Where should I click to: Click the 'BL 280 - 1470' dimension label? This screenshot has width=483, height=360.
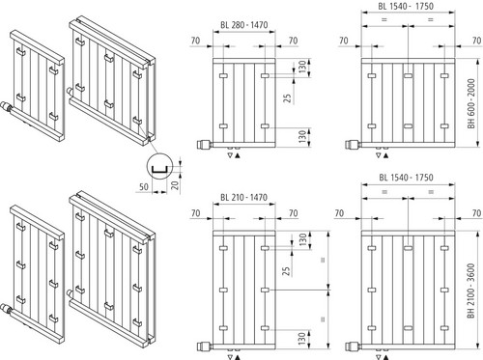[243, 25]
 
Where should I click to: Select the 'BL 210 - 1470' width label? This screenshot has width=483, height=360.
[243, 197]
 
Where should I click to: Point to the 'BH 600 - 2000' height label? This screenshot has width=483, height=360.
[471, 103]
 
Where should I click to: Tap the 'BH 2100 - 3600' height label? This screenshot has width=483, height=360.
[471, 291]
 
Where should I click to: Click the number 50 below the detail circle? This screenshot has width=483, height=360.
[144, 186]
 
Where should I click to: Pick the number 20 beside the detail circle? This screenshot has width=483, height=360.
[174, 185]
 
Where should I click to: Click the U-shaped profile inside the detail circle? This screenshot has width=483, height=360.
[159, 170]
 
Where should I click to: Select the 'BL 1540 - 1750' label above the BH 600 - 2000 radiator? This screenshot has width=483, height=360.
[406, 6]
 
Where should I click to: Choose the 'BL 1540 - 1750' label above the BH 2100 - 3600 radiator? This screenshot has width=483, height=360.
[406, 178]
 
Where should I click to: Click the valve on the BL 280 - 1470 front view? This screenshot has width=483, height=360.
[203, 144]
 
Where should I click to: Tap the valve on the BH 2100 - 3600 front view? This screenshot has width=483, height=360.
[352, 346]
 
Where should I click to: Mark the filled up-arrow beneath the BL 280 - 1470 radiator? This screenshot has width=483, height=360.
[238, 156]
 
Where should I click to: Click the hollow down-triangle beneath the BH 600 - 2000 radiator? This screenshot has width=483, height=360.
[379, 156]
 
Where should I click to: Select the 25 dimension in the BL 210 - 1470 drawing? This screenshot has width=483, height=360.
[286, 271]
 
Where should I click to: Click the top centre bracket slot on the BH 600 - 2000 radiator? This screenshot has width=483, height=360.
[408, 76]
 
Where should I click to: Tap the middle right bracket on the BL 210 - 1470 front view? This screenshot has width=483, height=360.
[265, 290]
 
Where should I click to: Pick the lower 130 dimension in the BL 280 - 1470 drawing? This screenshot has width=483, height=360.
[301, 137]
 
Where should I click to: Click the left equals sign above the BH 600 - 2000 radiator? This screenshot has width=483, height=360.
[384, 20]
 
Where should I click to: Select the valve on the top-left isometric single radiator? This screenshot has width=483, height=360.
[7, 106]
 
